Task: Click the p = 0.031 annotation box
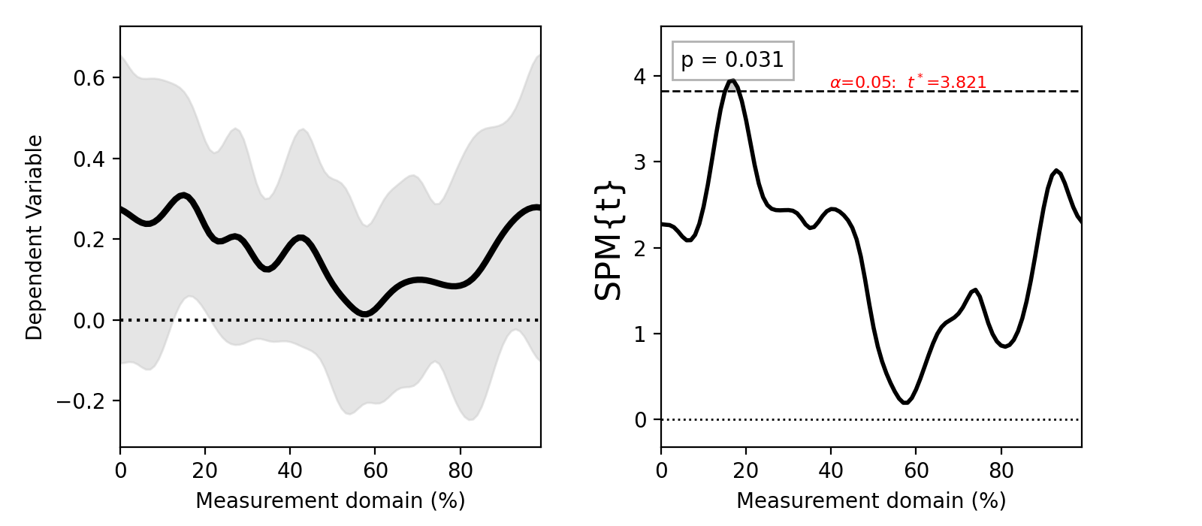tap(732, 60)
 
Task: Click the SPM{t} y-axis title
tap(609, 240)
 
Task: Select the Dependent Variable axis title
tap(35, 237)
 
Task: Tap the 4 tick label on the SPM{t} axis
tap(640, 76)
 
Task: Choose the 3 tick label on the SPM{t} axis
tap(640, 162)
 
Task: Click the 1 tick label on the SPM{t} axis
tap(640, 334)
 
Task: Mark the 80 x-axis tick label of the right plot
tap(1001, 471)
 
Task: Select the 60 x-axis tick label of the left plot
tap(375, 471)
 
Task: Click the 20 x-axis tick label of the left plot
tap(205, 471)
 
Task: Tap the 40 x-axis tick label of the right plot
tap(831, 471)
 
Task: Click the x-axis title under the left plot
tap(331, 500)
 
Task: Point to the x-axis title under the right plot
tap(871, 500)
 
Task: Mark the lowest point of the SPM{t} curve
tap(906, 403)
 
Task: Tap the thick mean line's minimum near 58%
tap(365, 313)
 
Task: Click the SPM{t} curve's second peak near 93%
tap(1056, 171)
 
